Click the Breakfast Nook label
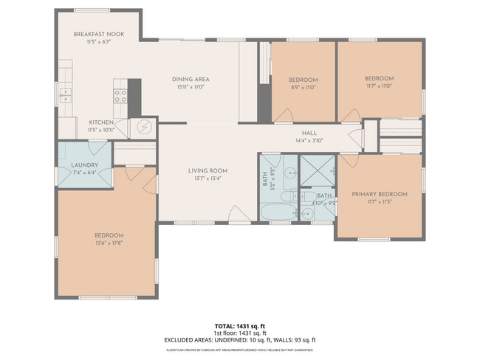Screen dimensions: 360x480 click(98, 35)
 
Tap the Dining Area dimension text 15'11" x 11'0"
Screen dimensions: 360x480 click(191, 87)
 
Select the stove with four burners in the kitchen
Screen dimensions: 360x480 click(120, 95)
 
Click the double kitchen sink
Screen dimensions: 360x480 click(65, 94)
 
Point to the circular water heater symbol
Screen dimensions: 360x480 click(144, 128)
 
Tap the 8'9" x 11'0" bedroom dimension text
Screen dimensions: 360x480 click(303, 87)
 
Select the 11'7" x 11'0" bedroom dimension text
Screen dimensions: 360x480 click(379, 86)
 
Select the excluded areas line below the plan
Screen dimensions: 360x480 click(239, 340)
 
